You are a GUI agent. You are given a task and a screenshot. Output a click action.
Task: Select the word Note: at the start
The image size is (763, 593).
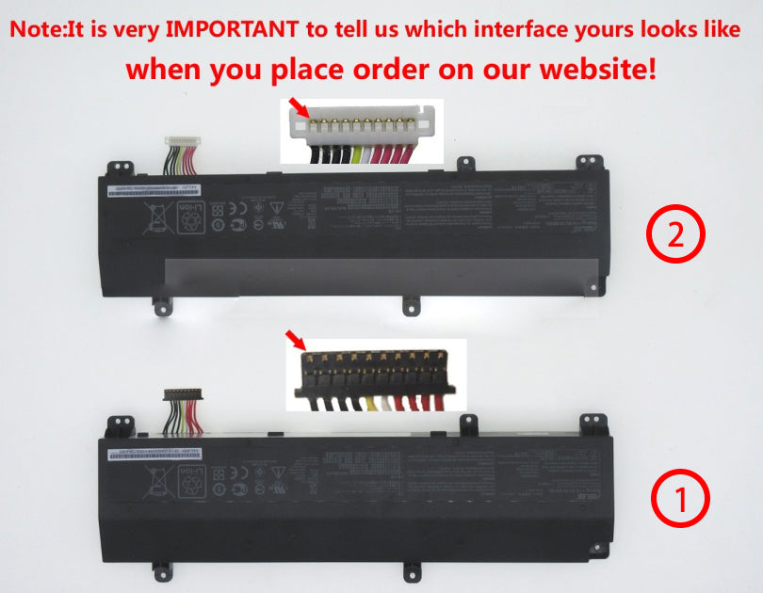[41, 29]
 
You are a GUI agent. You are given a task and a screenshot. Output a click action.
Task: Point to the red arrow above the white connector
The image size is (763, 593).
[299, 106]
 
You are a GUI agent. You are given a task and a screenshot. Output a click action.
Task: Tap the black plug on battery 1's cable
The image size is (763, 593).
[176, 393]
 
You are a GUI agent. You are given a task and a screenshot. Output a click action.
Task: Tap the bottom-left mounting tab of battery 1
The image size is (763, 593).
[161, 569]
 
